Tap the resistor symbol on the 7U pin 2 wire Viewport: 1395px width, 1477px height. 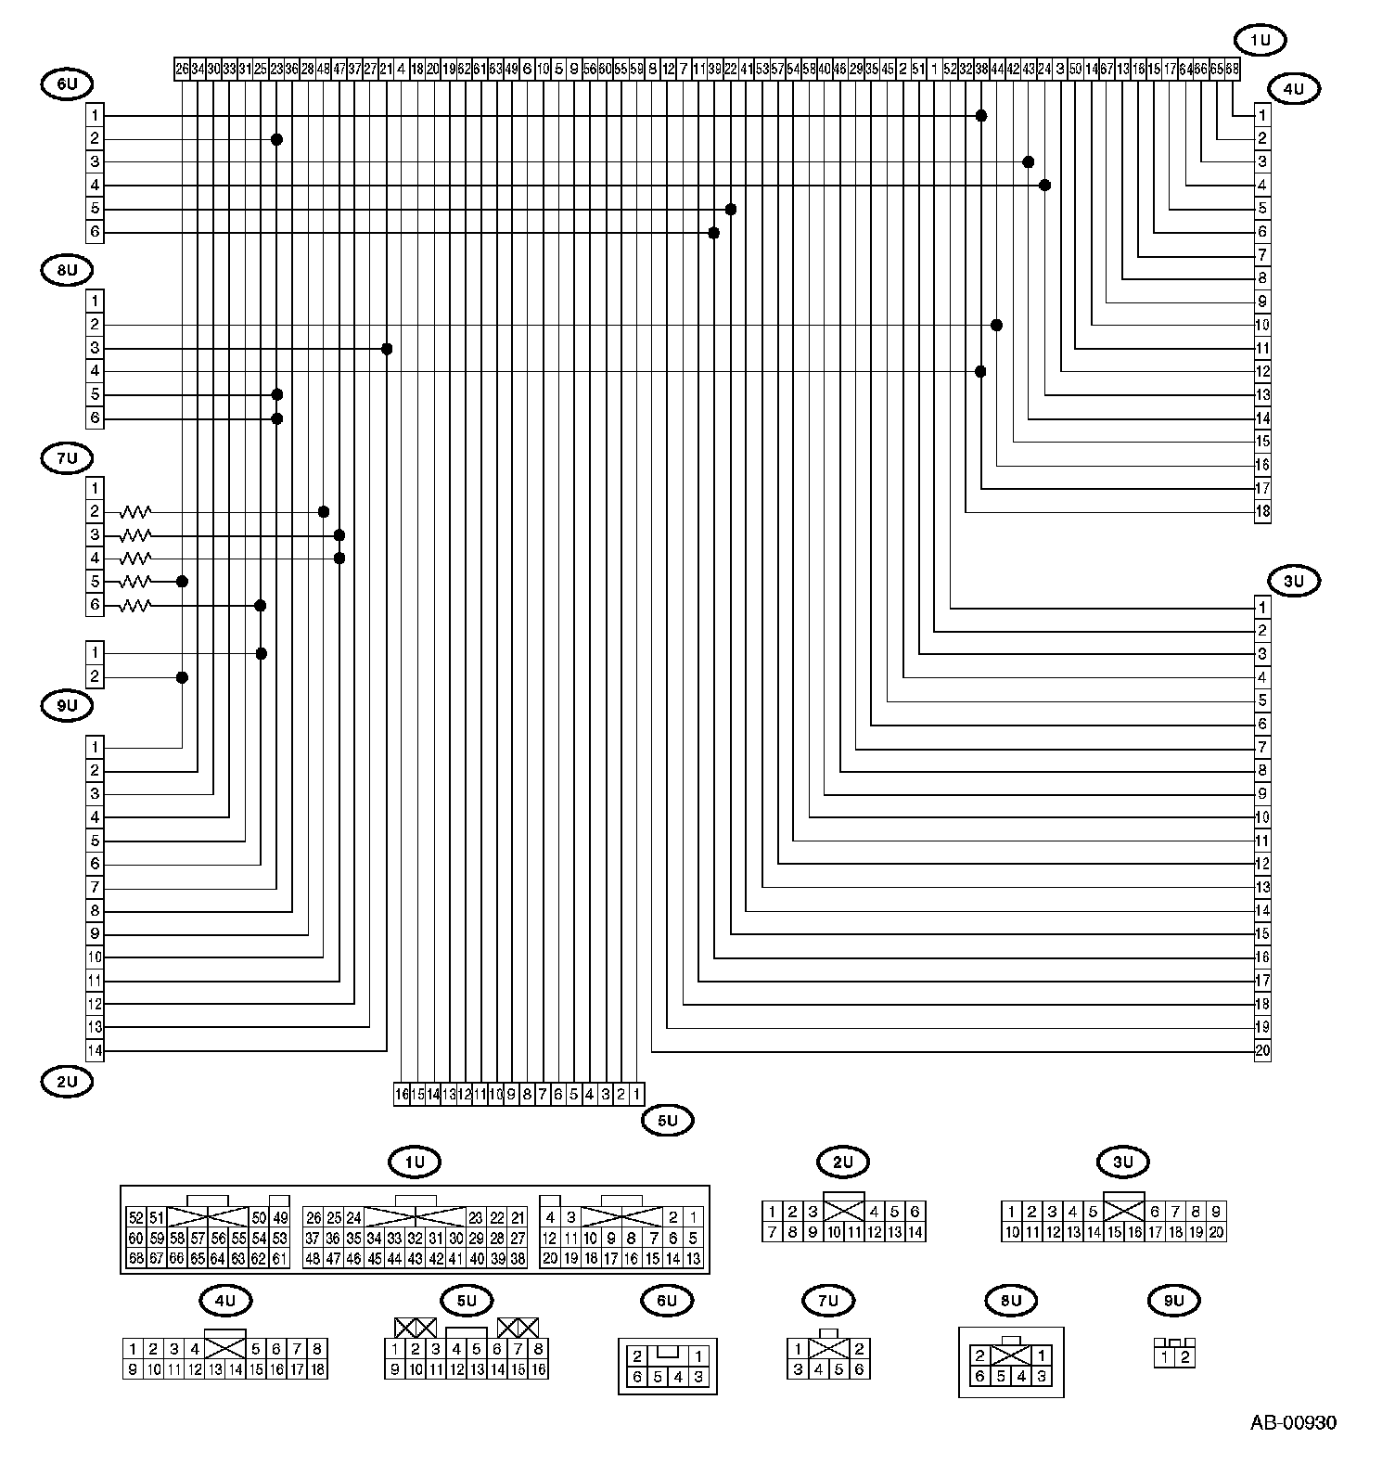[x=135, y=512]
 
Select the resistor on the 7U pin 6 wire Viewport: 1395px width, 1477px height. [x=135, y=606]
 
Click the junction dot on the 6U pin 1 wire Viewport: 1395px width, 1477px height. [x=981, y=115]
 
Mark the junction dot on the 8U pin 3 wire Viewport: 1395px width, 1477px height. [x=387, y=349]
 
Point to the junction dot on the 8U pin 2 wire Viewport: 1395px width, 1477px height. [x=997, y=326]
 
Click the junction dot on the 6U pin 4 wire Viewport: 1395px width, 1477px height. [x=1045, y=186]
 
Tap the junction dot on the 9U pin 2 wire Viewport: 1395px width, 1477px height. [x=182, y=678]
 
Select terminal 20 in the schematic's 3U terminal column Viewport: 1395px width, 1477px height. [x=1262, y=1051]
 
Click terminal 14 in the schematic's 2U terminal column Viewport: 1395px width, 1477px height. [x=95, y=1051]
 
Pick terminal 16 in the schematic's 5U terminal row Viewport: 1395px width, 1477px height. [x=402, y=1095]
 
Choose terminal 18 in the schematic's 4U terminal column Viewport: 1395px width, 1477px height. [x=1262, y=512]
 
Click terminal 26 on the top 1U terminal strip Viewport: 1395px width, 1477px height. [x=182, y=69]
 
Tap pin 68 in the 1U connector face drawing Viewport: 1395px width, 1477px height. [x=135, y=1259]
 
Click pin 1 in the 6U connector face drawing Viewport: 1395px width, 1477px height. [x=697, y=1356]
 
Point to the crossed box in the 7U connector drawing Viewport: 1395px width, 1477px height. [x=829, y=1349]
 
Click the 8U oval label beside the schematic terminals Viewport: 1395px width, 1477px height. [x=68, y=271]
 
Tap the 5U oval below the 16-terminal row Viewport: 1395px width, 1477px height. [x=668, y=1122]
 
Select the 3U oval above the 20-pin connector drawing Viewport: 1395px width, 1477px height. [x=1123, y=1162]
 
